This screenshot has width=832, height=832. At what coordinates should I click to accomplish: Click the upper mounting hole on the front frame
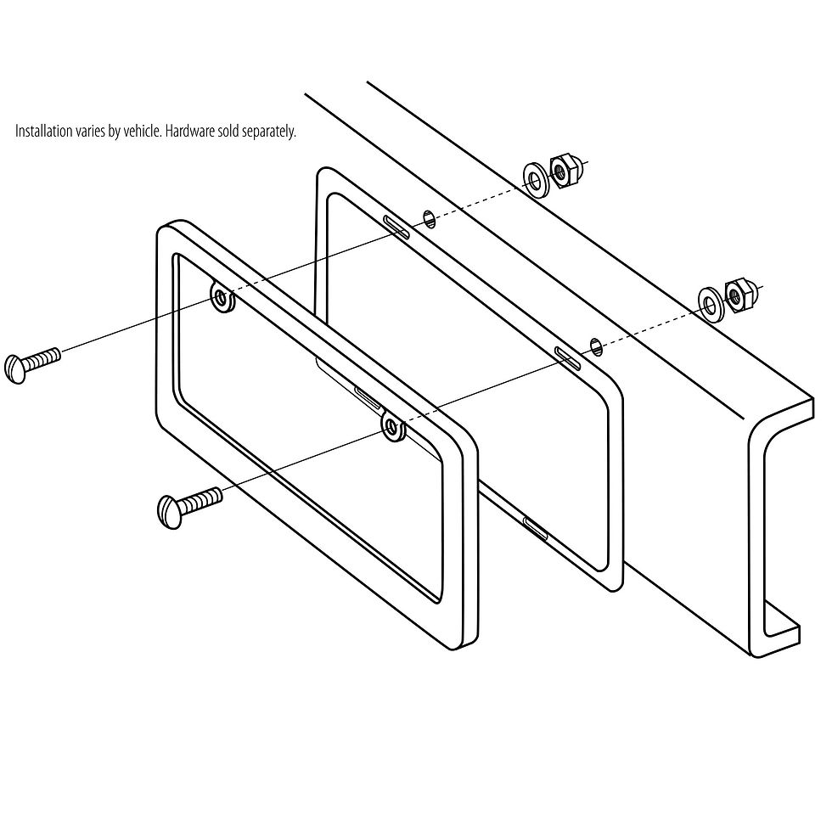click(x=222, y=297)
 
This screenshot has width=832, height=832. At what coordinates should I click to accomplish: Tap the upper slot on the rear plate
click(x=397, y=226)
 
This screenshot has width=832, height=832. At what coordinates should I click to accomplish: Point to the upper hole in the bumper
click(x=430, y=218)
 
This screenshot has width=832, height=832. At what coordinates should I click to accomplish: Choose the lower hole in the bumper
click(x=597, y=344)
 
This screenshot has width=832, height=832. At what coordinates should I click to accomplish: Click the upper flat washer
click(x=535, y=178)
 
